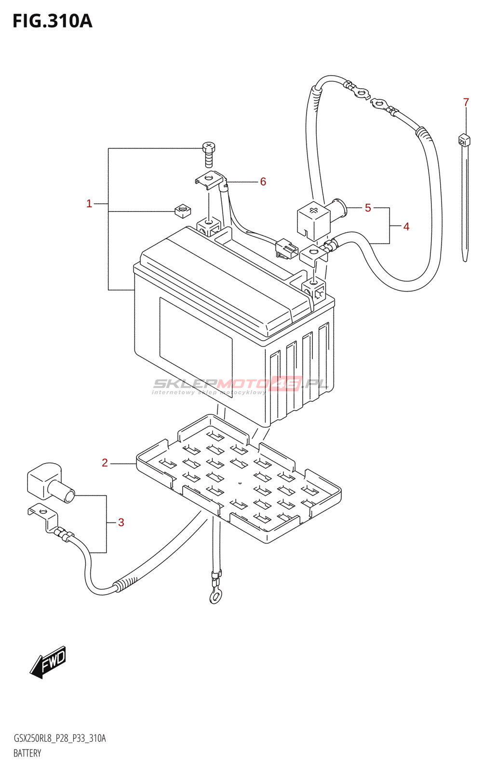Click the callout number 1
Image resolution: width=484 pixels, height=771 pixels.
tap(89, 204)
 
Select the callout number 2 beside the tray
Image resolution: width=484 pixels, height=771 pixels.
tap(105, 463)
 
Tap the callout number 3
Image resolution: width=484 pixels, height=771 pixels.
tap(121, 523)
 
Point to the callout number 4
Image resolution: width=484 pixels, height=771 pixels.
tap(406, 226)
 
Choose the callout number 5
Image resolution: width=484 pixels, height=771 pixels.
tap(368, 208)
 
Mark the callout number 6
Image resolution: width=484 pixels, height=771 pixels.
tap(263, 182)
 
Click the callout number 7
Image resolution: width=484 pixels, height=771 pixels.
tap(466, 103)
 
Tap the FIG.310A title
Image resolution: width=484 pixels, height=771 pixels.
tap(52, 21)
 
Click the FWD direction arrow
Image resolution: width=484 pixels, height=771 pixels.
tap(48, 662)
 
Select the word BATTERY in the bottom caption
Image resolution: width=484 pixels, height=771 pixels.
tap(27, 753)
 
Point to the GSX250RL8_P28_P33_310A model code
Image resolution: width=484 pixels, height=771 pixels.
tap(60, 739)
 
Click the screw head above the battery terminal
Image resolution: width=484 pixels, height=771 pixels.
tap(209, 146)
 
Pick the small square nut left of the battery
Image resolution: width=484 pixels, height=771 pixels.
tap(182, 210)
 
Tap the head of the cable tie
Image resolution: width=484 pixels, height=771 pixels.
tap(464, 140)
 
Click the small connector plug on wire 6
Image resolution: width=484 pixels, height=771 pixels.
tap(286, 249)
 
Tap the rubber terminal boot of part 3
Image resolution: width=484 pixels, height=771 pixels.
tap(48, 483)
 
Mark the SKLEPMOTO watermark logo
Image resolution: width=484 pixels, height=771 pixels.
tap(240, 385)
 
